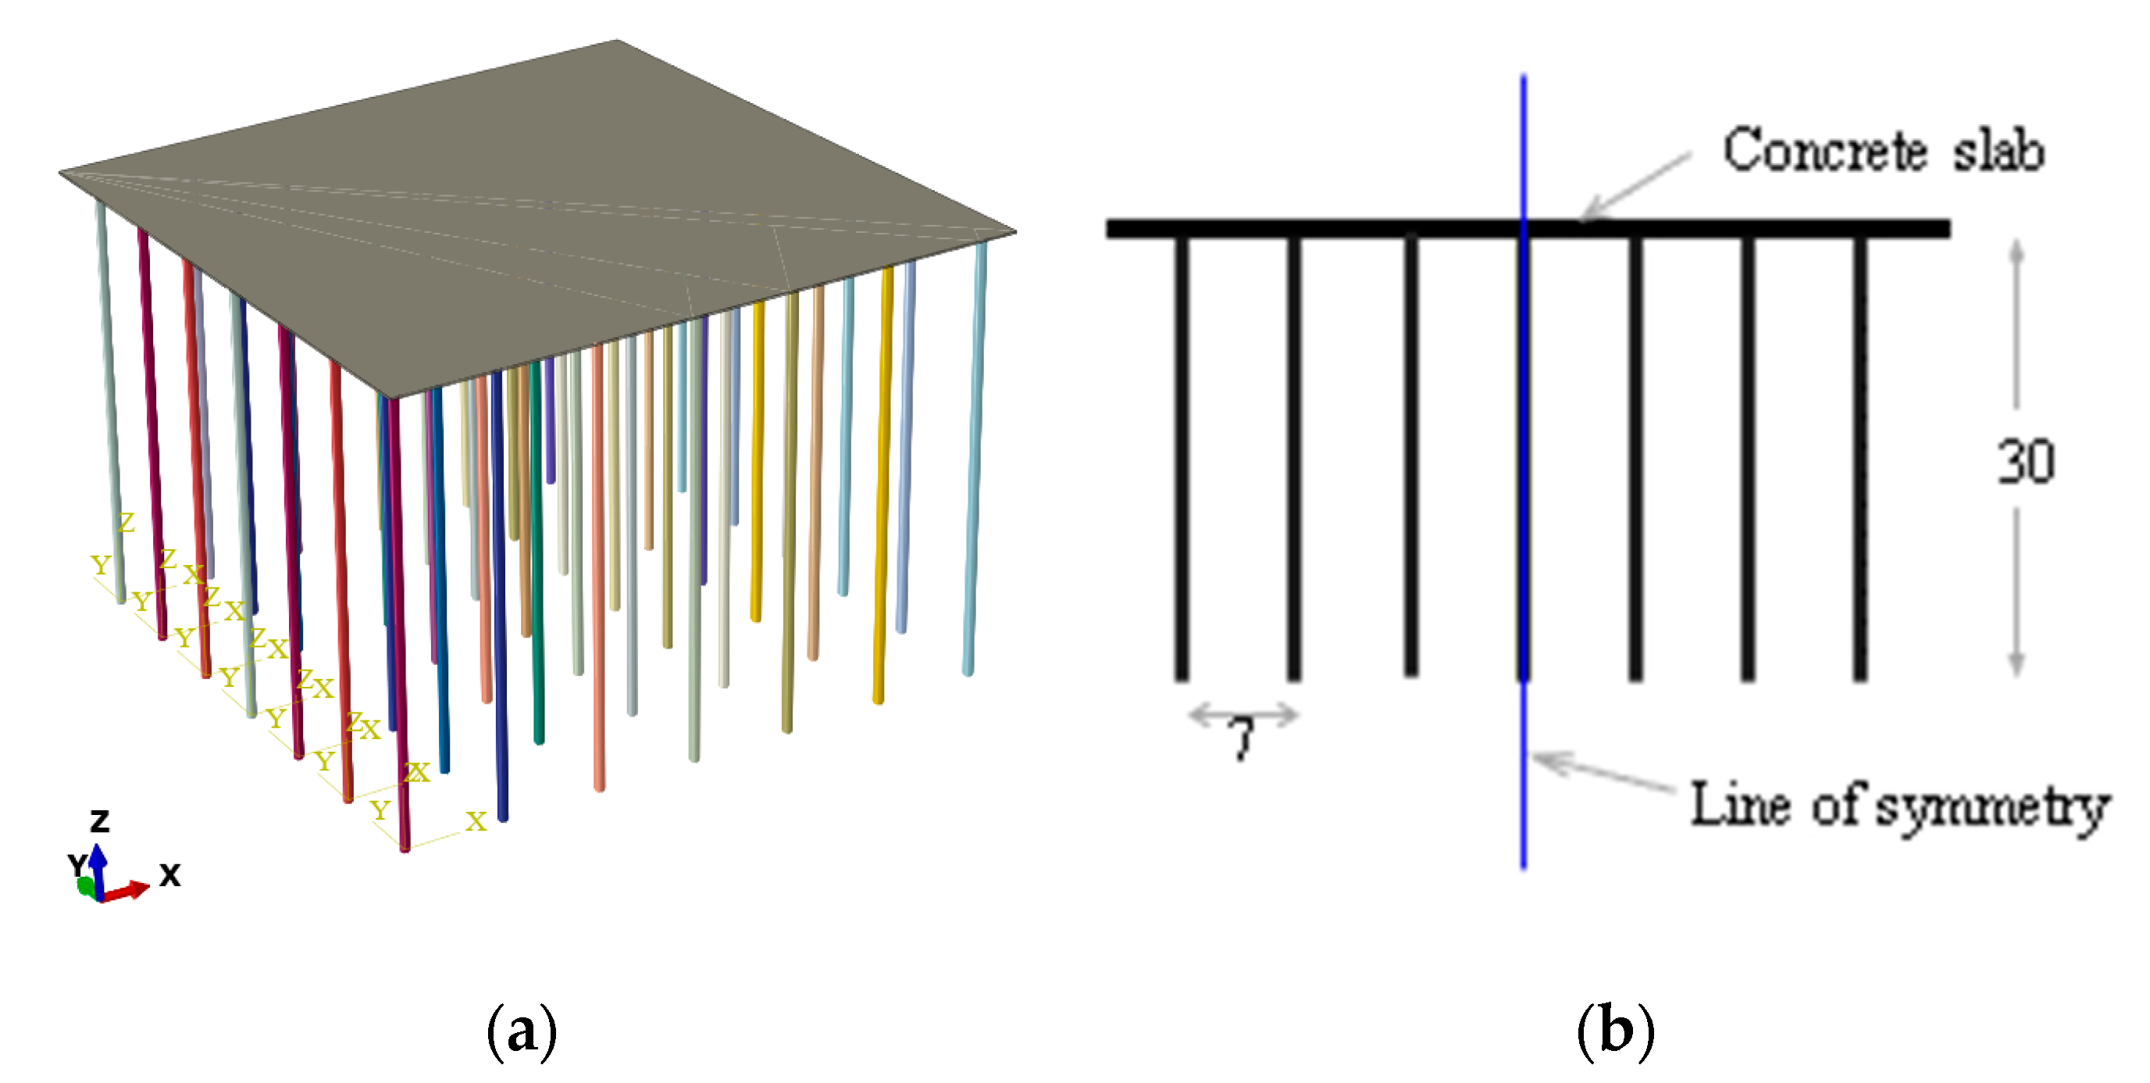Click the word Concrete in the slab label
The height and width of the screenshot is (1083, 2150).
tap(1824, 151)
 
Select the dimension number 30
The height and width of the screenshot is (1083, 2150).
tap(2026, 461)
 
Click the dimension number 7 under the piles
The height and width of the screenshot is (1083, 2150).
tap(1242, 739)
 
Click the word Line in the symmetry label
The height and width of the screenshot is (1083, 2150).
tap(1739, 805)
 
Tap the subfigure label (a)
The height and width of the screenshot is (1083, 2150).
tap(522, 1032)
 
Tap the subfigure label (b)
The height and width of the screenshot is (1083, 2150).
tap(1615, 1032)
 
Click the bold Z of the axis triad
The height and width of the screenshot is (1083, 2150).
tap(99, 822)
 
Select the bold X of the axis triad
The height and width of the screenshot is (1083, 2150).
tap(169, 875)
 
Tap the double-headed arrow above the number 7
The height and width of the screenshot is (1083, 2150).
tap(1243, 715)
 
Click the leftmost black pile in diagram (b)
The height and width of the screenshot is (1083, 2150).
tap(1181, 459)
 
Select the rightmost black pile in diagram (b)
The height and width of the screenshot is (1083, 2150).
tap(1859, 459)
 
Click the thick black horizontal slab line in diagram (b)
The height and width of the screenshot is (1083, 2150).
tap(1335, 229)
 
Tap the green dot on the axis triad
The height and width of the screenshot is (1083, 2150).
tap(85, 886)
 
